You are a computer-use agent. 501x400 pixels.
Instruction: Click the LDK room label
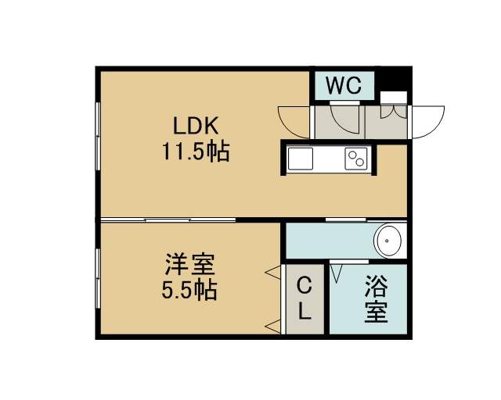(x=196, y=125)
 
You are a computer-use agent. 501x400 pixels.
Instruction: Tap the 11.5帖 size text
(x=196, y=152)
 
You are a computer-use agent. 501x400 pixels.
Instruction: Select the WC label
(x=344, y=85)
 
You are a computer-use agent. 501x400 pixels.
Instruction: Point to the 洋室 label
(x=189, y=264)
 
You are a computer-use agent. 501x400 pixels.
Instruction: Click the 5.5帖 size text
(x=189, y=291)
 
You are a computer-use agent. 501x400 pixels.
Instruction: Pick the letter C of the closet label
(x=305, y=285)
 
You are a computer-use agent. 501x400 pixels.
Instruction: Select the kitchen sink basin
(x=300, y=159)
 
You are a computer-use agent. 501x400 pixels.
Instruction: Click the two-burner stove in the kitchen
(x=356, y=159)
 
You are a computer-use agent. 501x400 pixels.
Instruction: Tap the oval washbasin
(x=388, y=241)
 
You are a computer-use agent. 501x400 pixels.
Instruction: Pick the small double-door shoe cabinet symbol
(x=394, y=111)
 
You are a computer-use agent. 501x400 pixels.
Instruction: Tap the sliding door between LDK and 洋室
(x=168, y=220)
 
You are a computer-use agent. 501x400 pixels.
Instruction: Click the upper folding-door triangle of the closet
(x=272, y=272)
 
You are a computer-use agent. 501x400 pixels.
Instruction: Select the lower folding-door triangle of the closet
(x=272, y=327)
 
